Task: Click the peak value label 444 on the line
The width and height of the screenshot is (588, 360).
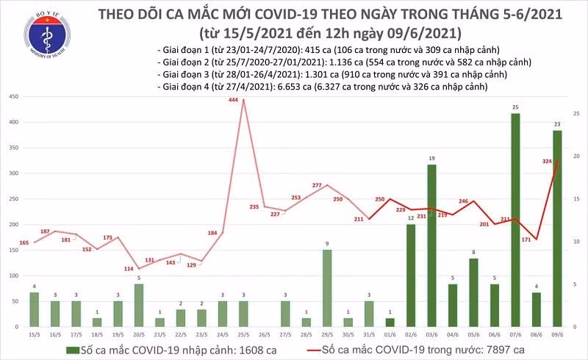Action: (234, 101)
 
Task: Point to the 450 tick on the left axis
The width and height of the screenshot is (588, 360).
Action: (14, 97)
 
